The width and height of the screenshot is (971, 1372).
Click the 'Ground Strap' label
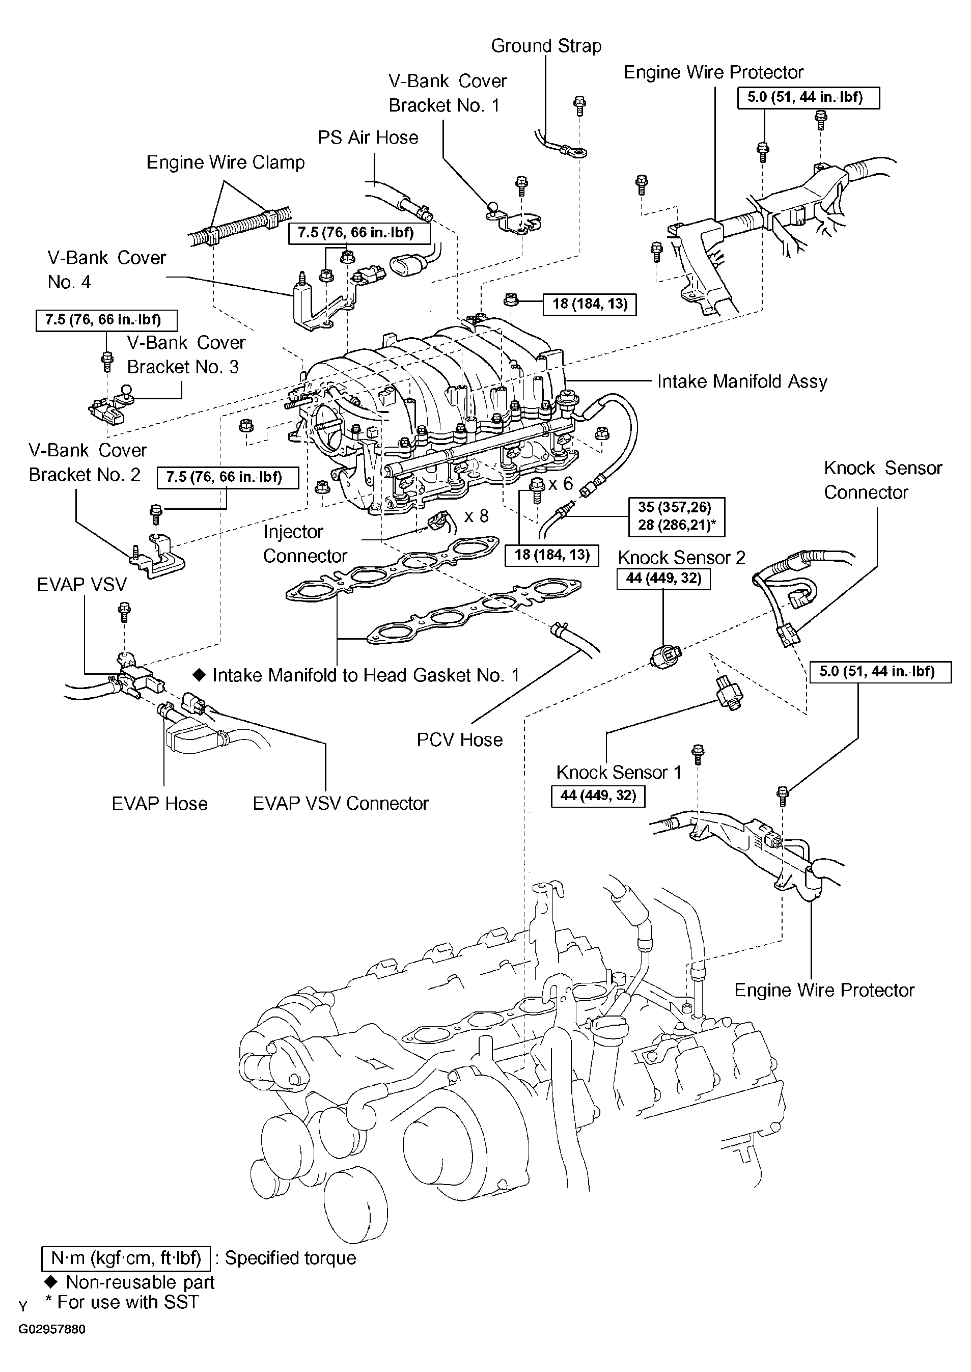click(546, 46)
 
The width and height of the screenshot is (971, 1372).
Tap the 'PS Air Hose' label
click(368, 138)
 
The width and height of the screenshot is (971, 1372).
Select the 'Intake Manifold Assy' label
click(742, 381)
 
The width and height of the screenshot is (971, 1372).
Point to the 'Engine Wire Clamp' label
click(226, 162)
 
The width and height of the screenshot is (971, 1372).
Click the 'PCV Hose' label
click(459, 740)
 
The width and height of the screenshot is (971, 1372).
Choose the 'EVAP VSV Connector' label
click(340, 803)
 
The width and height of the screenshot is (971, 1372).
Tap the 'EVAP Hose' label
click(160, 803)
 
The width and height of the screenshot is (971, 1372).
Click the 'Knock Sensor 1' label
click(619, 772)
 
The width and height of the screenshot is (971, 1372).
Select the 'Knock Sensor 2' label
click(682, 558)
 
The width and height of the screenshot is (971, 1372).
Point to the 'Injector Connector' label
click(305, 544)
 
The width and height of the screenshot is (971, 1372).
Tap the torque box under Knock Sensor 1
click(598, 796)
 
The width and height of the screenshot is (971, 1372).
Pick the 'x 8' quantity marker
click(477, 515)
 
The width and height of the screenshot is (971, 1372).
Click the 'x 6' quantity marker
click(560, 483)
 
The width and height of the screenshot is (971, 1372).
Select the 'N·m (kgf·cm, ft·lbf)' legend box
click(126, 1258)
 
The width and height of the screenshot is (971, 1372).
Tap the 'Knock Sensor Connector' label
click(883, 480)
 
